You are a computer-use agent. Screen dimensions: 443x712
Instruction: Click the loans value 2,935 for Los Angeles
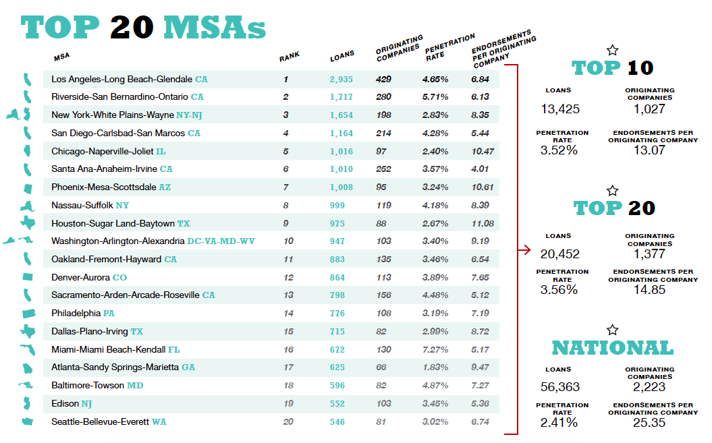[341, 80]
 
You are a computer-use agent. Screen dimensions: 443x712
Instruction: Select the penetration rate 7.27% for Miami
[435, 350]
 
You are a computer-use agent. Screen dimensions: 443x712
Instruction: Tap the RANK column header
[290, 57]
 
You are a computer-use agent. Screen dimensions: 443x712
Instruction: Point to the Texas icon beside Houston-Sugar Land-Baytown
[28, 223]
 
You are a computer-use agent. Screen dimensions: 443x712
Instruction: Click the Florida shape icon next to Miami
[28, 350]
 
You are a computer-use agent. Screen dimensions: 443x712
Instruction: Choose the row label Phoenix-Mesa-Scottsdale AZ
[111, 187]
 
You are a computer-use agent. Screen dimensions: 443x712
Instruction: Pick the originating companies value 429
[383, 80]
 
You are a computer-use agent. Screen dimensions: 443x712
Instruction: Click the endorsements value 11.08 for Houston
[483, 224]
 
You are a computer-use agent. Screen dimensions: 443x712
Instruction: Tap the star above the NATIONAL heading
[612, 330]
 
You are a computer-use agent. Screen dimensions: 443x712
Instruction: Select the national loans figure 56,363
[560, 387]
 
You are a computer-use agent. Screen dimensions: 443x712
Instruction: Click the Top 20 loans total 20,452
[559, 254]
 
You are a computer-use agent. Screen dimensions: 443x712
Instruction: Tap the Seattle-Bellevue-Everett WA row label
[108, 422]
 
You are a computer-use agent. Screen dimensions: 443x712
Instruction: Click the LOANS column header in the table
[342, 57]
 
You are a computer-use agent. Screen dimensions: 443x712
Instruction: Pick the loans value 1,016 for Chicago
[341, 152]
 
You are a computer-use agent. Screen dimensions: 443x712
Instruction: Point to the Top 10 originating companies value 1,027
[649, 109]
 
